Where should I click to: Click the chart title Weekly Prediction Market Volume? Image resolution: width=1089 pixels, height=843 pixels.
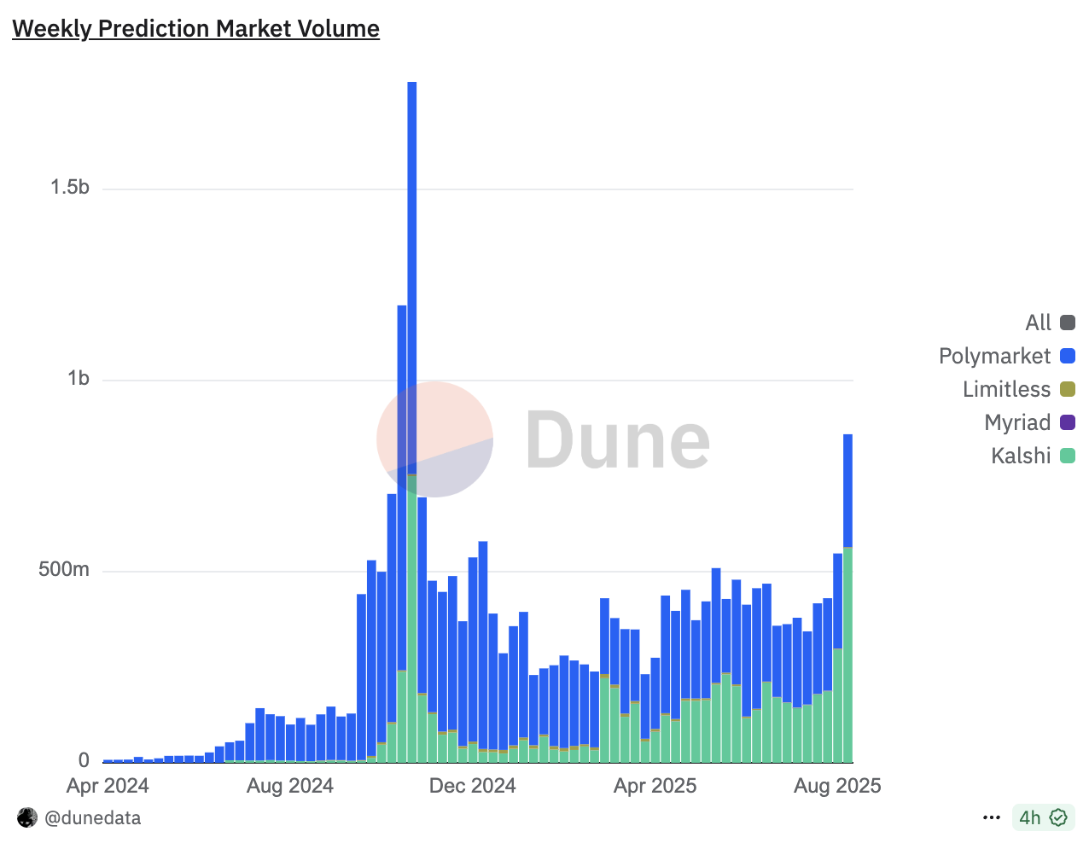195,29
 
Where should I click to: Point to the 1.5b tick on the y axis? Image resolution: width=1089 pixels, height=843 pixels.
70,188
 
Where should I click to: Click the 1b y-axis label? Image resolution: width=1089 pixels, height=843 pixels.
79,379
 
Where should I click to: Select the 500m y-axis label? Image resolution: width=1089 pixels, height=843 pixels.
64,569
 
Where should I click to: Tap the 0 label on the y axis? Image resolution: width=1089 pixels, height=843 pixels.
84,759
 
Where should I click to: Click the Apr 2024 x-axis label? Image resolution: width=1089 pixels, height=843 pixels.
108,786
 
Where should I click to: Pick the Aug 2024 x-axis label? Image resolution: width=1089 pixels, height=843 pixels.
290,786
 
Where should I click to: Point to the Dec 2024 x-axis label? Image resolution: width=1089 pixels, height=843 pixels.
473,786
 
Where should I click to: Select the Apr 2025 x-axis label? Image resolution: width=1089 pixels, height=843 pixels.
655,786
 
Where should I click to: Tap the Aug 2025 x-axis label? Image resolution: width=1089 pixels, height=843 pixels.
837,786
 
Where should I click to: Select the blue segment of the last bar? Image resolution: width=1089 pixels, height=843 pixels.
847,491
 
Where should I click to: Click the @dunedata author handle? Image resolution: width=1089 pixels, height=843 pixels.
92,817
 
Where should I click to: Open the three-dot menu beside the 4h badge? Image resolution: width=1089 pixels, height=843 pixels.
991,817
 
